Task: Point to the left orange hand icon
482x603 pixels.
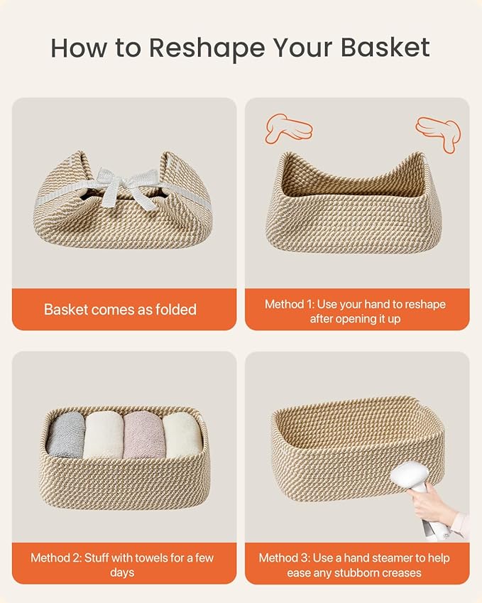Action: (x=288, y=128)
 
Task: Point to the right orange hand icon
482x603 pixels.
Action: (x=439, y=133)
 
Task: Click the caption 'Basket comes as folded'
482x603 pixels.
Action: (x=120, y=309)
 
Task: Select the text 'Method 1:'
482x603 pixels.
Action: (x=290, y=304)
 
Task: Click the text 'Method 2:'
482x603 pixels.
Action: (x=55, y=558)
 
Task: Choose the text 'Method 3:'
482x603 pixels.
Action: (x=283, y=558)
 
